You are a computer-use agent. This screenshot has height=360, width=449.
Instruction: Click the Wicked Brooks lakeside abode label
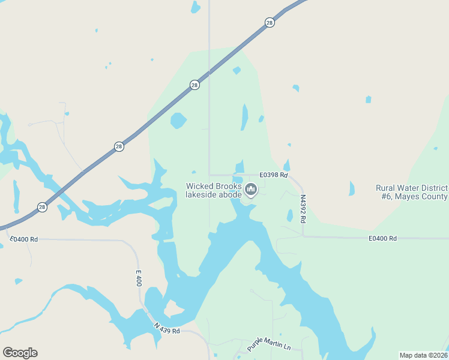[214, 190]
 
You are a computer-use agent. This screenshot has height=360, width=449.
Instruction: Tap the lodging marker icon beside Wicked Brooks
[251, 190]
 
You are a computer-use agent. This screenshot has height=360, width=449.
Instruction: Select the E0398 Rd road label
[274, 175]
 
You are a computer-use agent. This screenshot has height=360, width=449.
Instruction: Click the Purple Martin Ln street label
[268, 344]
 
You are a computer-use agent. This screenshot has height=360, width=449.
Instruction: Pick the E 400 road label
[139, 278]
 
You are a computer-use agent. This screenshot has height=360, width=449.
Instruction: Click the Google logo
[20, 353]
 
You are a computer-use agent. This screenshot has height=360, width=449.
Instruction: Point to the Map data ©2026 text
[423, 355]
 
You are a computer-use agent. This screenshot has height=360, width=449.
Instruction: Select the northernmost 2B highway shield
[270, 23]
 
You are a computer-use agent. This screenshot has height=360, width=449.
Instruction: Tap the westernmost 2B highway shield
[42, 207]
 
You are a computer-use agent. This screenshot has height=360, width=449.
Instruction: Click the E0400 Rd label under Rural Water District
[382, 238]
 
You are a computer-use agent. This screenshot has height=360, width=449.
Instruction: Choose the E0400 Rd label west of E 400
[24, 239]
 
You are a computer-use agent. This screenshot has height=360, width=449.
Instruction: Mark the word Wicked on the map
[198, 186]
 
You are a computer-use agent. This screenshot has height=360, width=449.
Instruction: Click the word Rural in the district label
[385, 188]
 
